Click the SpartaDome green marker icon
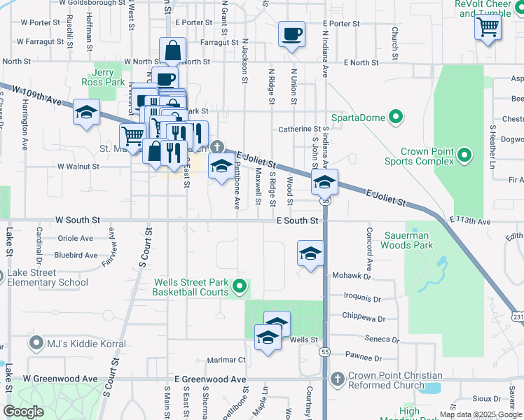point(397,117)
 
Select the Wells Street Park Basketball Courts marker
point(240,285)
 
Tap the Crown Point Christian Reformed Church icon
point(338,379)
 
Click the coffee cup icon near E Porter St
point(291,34)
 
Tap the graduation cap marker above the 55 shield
point(324,182)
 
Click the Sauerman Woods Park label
point(408,240)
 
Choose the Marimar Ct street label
point(227,360)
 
